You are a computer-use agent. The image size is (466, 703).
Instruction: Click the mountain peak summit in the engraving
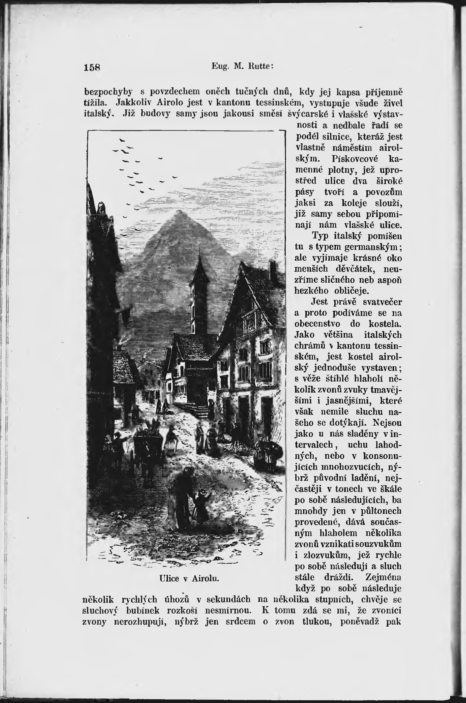tap(179, 212)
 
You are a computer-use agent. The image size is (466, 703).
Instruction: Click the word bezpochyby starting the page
tap(108, 92)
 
